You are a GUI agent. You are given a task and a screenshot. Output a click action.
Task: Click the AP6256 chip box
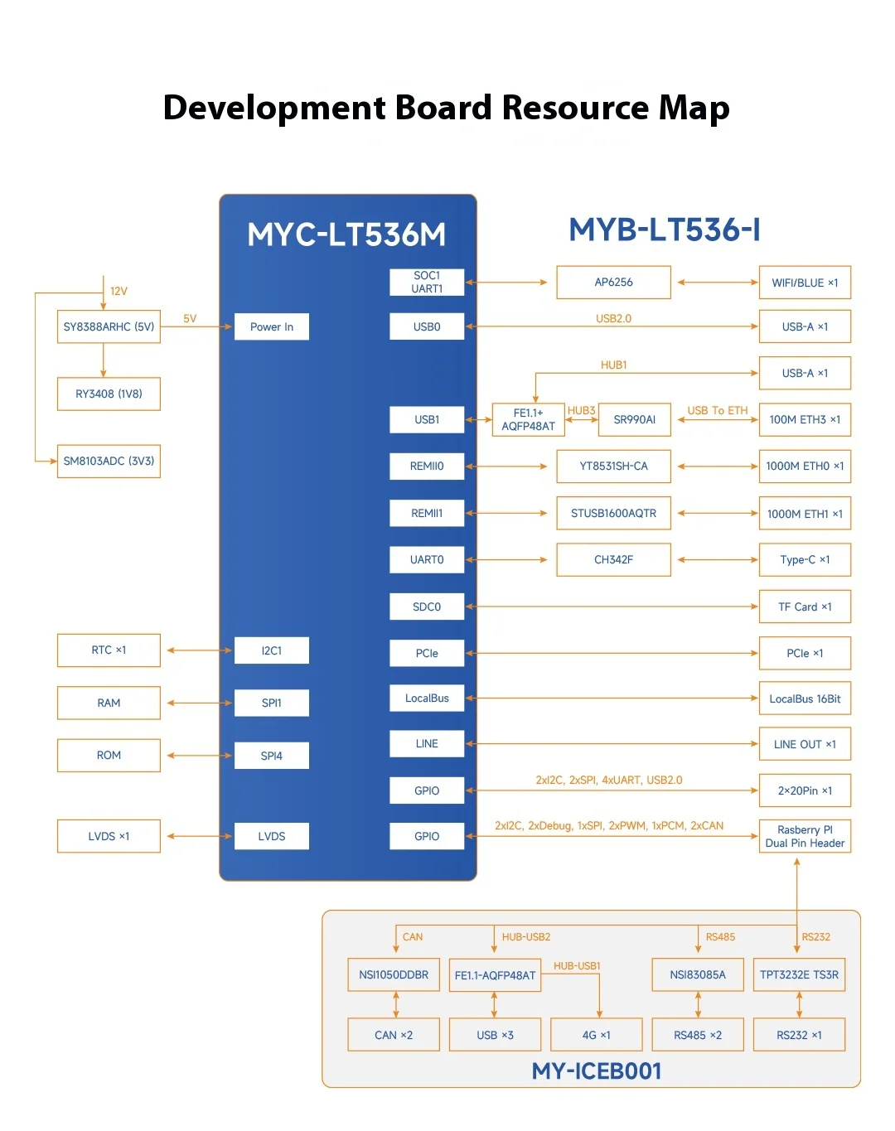click(613, 283)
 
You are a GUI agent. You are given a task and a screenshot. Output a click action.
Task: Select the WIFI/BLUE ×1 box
click(805, 283)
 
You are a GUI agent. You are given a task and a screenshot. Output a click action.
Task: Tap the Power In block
click(272, 326)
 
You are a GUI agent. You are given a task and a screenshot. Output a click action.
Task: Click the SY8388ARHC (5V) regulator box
click(109, 326)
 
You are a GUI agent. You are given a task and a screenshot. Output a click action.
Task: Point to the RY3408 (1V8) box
click(109, 394)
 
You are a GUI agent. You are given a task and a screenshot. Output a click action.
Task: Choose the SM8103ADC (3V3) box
click(109, 461)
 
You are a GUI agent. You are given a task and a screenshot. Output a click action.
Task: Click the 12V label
click(119, 291)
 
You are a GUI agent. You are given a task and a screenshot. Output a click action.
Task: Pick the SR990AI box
click(634, 419)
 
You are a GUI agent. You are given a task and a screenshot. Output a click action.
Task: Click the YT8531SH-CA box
click(613, 466)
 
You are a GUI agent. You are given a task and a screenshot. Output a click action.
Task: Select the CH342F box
click(613, 559)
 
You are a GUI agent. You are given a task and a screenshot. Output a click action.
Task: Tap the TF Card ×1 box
click(805, 607)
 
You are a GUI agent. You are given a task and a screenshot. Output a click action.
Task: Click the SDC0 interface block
click(427, 607)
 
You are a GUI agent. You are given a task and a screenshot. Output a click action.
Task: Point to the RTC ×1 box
click(109, 650)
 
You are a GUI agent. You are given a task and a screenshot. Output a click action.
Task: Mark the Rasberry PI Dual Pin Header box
click(805, 836)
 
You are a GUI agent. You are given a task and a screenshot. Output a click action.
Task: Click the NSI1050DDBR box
click(394, 975)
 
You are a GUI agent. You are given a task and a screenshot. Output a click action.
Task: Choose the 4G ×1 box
click(597, 1035)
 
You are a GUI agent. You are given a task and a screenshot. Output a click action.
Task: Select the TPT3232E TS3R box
click(799, 975)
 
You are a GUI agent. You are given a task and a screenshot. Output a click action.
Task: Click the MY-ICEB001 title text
click(597, 1071)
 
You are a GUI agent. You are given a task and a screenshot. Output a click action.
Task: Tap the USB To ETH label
click(717, 410)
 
